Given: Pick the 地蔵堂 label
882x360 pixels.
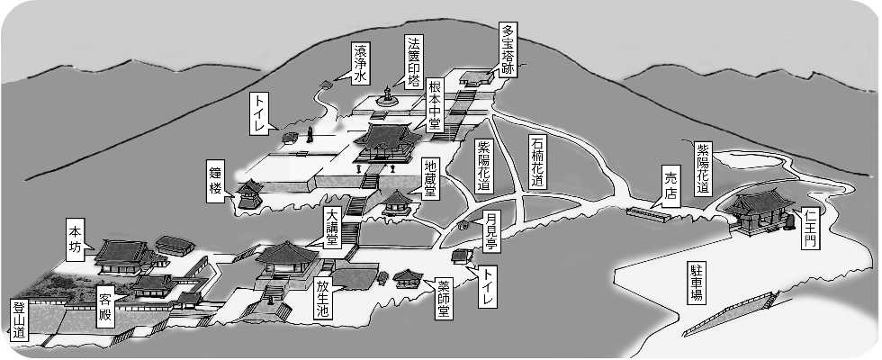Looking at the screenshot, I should tap(432, 179).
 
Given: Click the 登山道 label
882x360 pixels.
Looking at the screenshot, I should tap(20, 321).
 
